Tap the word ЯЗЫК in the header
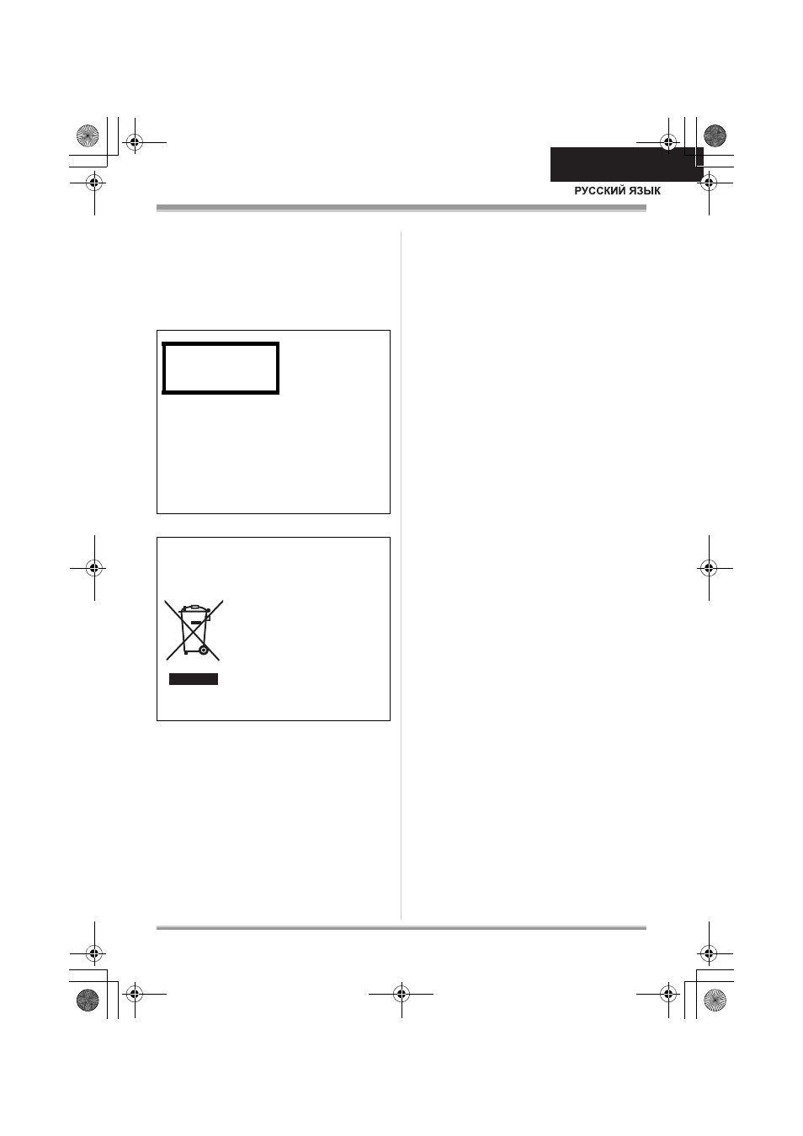pyautogui.click(x=646, y=191)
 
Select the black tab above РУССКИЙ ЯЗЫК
pyautogui.click(x=626, y=164)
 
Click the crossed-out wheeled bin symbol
pyautogui.click(x=194, y=630)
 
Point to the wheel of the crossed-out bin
pyautogui.click(x=204, y=650)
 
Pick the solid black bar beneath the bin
pyautogui.click(x=194, y=679)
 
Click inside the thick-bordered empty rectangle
pyautogui.click(x=221, y=369)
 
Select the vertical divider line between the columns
pyautogui.click(x=401, y=576)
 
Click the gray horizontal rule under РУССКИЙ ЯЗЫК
pyautogui.click(x=401, y=208)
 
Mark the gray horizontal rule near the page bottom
pyautogui.click(x=401, y=928)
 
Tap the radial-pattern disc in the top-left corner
pyautogui.click(x=88, y=135)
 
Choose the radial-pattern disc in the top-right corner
pyautogui.click(x=715, y=135)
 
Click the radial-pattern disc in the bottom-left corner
pyautogui.click(x=88, y=1000)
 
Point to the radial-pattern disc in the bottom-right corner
pyautogui.click(x=715, y=1000)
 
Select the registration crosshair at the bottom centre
pyautogui.click(x=401, y=994)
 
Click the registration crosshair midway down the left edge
pyautogui.click(x=94, y=568)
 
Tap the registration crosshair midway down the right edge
pyautogui.click(x=710, y=568)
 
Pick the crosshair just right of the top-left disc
pyautogui.click(x=135, y=142)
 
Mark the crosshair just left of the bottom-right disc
pyautogui.click(x=668, y=994)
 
